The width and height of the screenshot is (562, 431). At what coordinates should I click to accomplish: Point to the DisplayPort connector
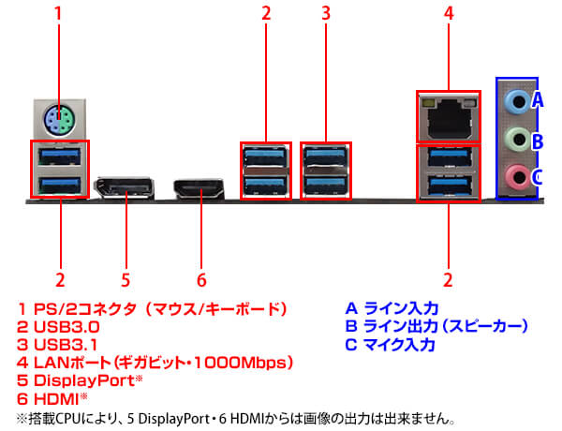click(x=125, y=188)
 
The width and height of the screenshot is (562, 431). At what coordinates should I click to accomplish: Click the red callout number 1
click(x=59, y=14)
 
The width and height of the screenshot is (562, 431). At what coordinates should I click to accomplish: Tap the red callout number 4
click(x=448, y=14)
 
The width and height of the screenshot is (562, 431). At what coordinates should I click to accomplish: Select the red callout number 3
click(x=326, y=14)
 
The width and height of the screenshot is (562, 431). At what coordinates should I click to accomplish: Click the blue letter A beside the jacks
click(x=538, y=98)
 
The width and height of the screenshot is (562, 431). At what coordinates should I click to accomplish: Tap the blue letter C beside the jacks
click(x=538, y=175)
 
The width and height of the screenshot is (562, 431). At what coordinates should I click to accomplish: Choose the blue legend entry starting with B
click(x=436, y=326)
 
